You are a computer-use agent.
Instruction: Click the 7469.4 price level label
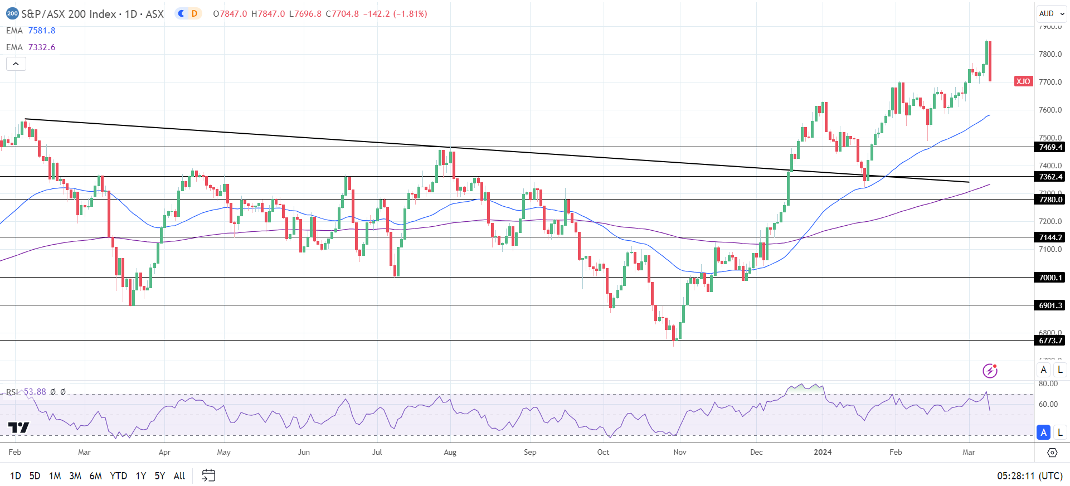1050,147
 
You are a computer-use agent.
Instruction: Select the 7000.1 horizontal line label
1050,278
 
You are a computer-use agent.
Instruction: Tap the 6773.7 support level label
1050,341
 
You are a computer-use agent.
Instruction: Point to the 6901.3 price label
1050,305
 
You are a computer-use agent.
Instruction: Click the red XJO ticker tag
1023,81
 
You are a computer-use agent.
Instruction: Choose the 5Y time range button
160,476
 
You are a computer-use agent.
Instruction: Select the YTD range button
118,476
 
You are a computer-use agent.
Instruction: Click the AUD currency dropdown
1051,13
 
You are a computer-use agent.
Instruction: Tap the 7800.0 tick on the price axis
1050,54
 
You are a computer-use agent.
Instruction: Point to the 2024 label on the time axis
823,452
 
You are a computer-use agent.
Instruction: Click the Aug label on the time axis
450,452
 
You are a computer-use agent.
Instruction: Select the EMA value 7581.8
42,31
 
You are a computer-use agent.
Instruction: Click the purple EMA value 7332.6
42,47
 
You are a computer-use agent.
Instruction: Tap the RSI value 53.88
35,392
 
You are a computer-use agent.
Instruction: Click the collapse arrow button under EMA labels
16,64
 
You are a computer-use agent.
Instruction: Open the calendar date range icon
208,475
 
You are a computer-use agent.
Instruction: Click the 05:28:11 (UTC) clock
1030,476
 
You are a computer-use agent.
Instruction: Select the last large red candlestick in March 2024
989,61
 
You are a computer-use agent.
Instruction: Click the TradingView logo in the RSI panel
18,428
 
